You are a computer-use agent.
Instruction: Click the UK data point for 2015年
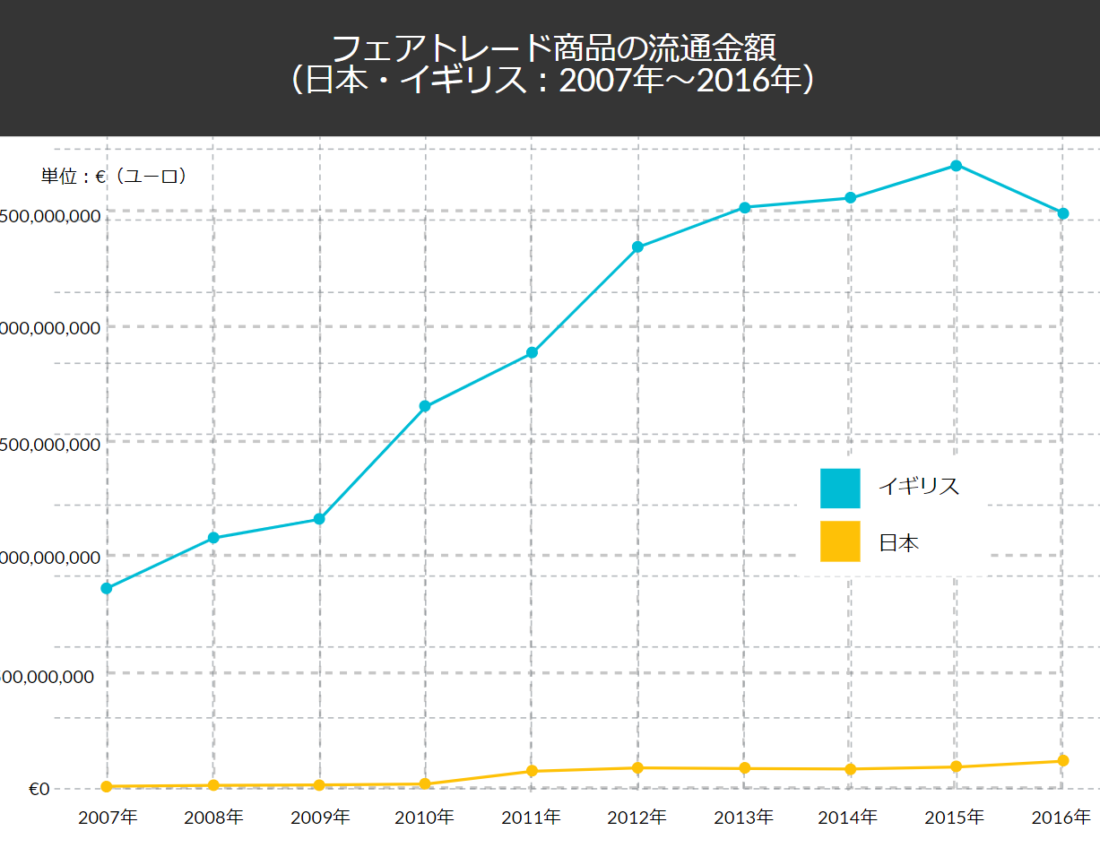click(x=957, y=166)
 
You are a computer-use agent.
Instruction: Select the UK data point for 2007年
click(x=107, y=588)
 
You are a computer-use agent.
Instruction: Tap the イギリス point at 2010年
click(x=425, y=406)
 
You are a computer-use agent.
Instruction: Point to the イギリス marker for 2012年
click(x=637, y=247)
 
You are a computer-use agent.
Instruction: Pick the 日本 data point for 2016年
click(x=1062, y=761)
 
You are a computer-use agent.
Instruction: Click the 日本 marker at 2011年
click(x=532, y=771)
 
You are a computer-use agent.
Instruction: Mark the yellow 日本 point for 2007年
click(x=107, y=787)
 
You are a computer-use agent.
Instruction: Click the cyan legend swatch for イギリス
click(x=839, y=488)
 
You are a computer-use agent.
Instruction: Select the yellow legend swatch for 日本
click(x=839, y=541)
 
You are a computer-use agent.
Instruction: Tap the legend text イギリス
click(x=919, y=487)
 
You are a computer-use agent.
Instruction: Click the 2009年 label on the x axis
click(x=319, y=818)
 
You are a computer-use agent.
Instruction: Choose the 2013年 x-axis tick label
click(x=743, y=818)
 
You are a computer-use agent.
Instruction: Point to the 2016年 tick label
click(x=1061, y=818)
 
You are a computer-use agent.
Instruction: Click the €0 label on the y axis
click(x=39, y=790)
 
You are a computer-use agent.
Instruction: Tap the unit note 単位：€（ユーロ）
click(x=114, y=177)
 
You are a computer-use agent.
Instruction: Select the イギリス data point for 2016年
click(x=1062, y=213)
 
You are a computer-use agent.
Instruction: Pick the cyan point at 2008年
click(x=213, y=538)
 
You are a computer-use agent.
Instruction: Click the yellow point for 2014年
click(x=850, y=769)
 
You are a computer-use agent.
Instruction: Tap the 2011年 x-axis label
click(x=531, y=818)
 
